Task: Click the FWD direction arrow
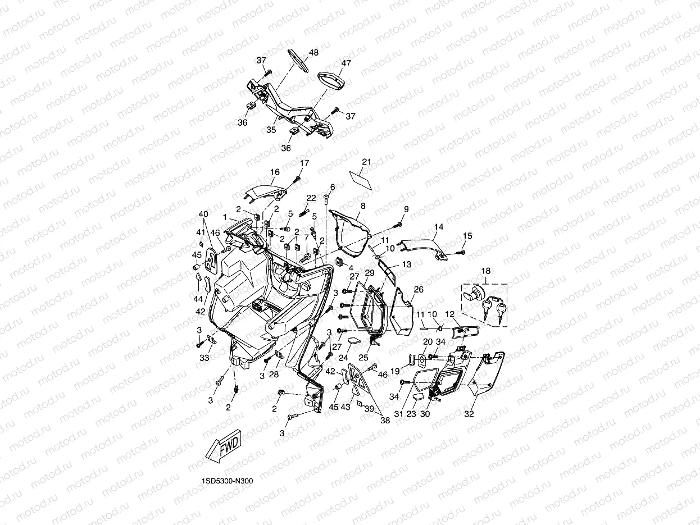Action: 223,446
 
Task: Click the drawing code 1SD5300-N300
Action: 228,481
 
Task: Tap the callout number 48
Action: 314,53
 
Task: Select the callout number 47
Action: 346,63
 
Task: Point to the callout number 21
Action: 367,162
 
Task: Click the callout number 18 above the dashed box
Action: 486,271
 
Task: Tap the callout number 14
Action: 439,227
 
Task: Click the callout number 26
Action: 419,289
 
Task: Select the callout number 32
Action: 469,414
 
